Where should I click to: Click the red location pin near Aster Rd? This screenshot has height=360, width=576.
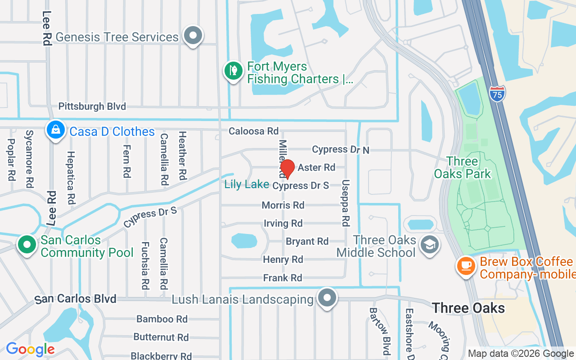(x=287, y=168)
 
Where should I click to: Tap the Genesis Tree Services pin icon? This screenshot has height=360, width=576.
(x=193, y=35)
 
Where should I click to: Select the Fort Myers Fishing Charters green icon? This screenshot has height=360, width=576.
(x=233, y=71)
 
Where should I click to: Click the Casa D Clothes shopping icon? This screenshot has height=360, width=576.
(x=56, y=130)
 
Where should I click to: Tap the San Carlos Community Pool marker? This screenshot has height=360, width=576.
(x=27, y=245)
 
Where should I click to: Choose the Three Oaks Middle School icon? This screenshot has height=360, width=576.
(x=429, y=245)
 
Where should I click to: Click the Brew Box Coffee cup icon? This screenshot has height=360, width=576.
(x=466, y=265)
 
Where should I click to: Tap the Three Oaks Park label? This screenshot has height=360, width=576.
(x=462, y=167)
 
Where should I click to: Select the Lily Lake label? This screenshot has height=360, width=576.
(x=247, y=184)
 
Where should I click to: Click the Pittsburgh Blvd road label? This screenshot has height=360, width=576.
(x=92, y=107)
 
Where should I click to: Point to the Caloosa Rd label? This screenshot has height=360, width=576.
(x=253, y=131)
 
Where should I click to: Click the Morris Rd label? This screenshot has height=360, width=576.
(x=283, y=205)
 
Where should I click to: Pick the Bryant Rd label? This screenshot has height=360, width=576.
(x=307, y=242)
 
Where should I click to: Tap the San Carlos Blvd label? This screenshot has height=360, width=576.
(x=76, y=299)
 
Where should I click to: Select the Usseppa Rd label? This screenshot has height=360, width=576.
(x=345, y=203)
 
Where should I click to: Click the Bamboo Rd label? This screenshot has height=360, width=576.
(x=162, y=319)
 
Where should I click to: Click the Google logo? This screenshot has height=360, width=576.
(x=30, y=349)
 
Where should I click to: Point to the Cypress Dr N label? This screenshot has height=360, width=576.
(x=341, y=149)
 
